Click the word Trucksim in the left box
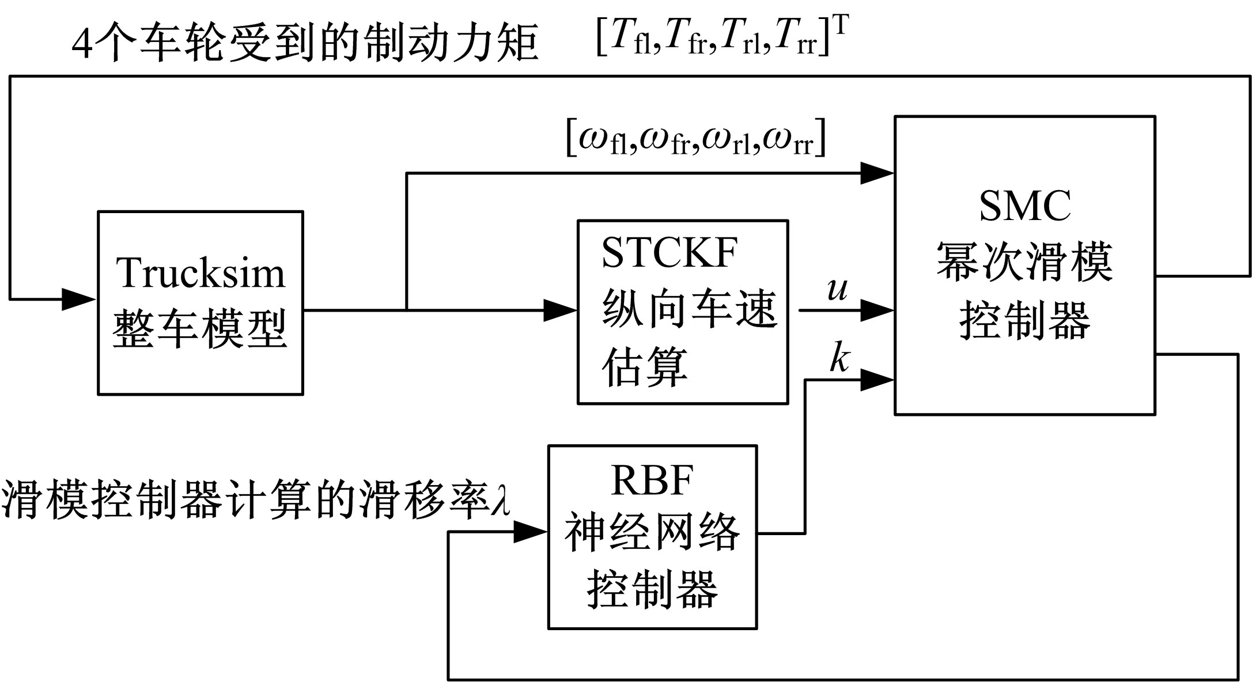tap(201, 272)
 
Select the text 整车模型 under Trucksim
tap(200, 329)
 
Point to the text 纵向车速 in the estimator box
tap(689, 309)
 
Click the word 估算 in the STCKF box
tap(645, 366)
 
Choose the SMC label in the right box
tap(1025, 206)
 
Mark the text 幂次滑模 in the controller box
tap(1024, 262)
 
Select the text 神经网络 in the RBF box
tap(652, 533)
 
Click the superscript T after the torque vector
tap(841, 26)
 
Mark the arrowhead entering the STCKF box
tap(561, 310)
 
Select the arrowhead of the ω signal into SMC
tap(877, 172)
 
